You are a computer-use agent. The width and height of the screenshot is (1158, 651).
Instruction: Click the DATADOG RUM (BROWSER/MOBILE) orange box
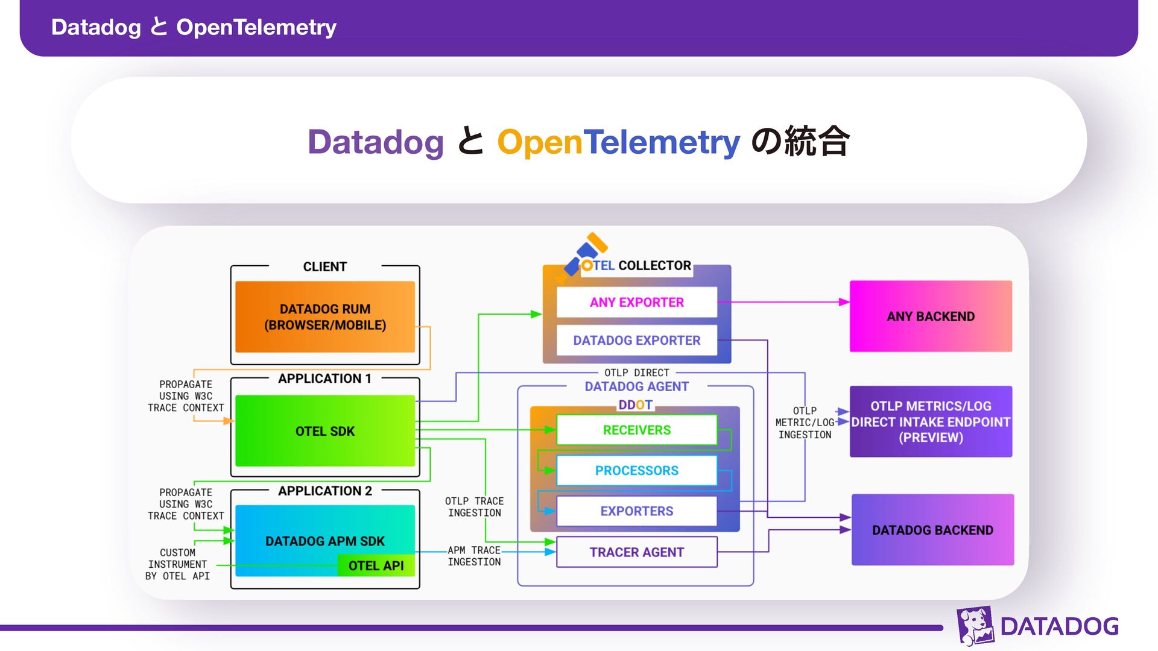click(x=324, y=316)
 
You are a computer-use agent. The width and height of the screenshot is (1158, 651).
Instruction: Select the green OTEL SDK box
click(x=324, y=431)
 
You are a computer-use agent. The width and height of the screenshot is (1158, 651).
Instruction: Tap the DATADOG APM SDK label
click(x=324, y=541)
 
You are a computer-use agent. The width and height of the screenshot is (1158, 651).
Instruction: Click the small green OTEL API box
click(x=376, y=565)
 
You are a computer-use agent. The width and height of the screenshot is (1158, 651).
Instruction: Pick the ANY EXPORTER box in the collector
click(x=636, y=302)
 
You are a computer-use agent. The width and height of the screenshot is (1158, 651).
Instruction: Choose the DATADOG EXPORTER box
click(x=636, y=341)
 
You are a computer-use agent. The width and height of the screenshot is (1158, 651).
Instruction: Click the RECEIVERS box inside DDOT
click(x=636, y=430)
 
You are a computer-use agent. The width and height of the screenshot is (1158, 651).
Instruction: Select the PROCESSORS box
click(x=636, y=470)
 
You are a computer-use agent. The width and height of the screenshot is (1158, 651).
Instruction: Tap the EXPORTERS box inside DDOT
click(x=636, y=511)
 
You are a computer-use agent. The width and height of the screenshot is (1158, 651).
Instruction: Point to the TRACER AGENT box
click(x=636, y=552)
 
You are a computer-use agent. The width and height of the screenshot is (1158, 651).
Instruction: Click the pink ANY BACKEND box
click(x=931, y=316)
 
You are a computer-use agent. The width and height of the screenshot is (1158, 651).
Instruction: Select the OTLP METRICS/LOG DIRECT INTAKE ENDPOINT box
click(x=931, y=422)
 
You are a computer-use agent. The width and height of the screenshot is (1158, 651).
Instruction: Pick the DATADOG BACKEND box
click(x=932, y=530)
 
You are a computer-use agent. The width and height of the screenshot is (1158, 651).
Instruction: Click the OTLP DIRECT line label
click(x=636, y=373)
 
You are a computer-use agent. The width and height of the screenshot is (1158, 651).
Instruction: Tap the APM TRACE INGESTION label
click(x=474, y=556)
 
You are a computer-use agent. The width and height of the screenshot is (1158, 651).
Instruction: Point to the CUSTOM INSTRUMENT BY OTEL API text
click(x=178, y=564)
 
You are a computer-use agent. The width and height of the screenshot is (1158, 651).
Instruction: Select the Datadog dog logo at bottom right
click(x=975, y=626)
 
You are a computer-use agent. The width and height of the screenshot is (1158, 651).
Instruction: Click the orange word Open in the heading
click(x=539, y=142)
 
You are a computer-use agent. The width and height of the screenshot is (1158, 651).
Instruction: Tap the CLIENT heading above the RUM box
click(x=324, y=266)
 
